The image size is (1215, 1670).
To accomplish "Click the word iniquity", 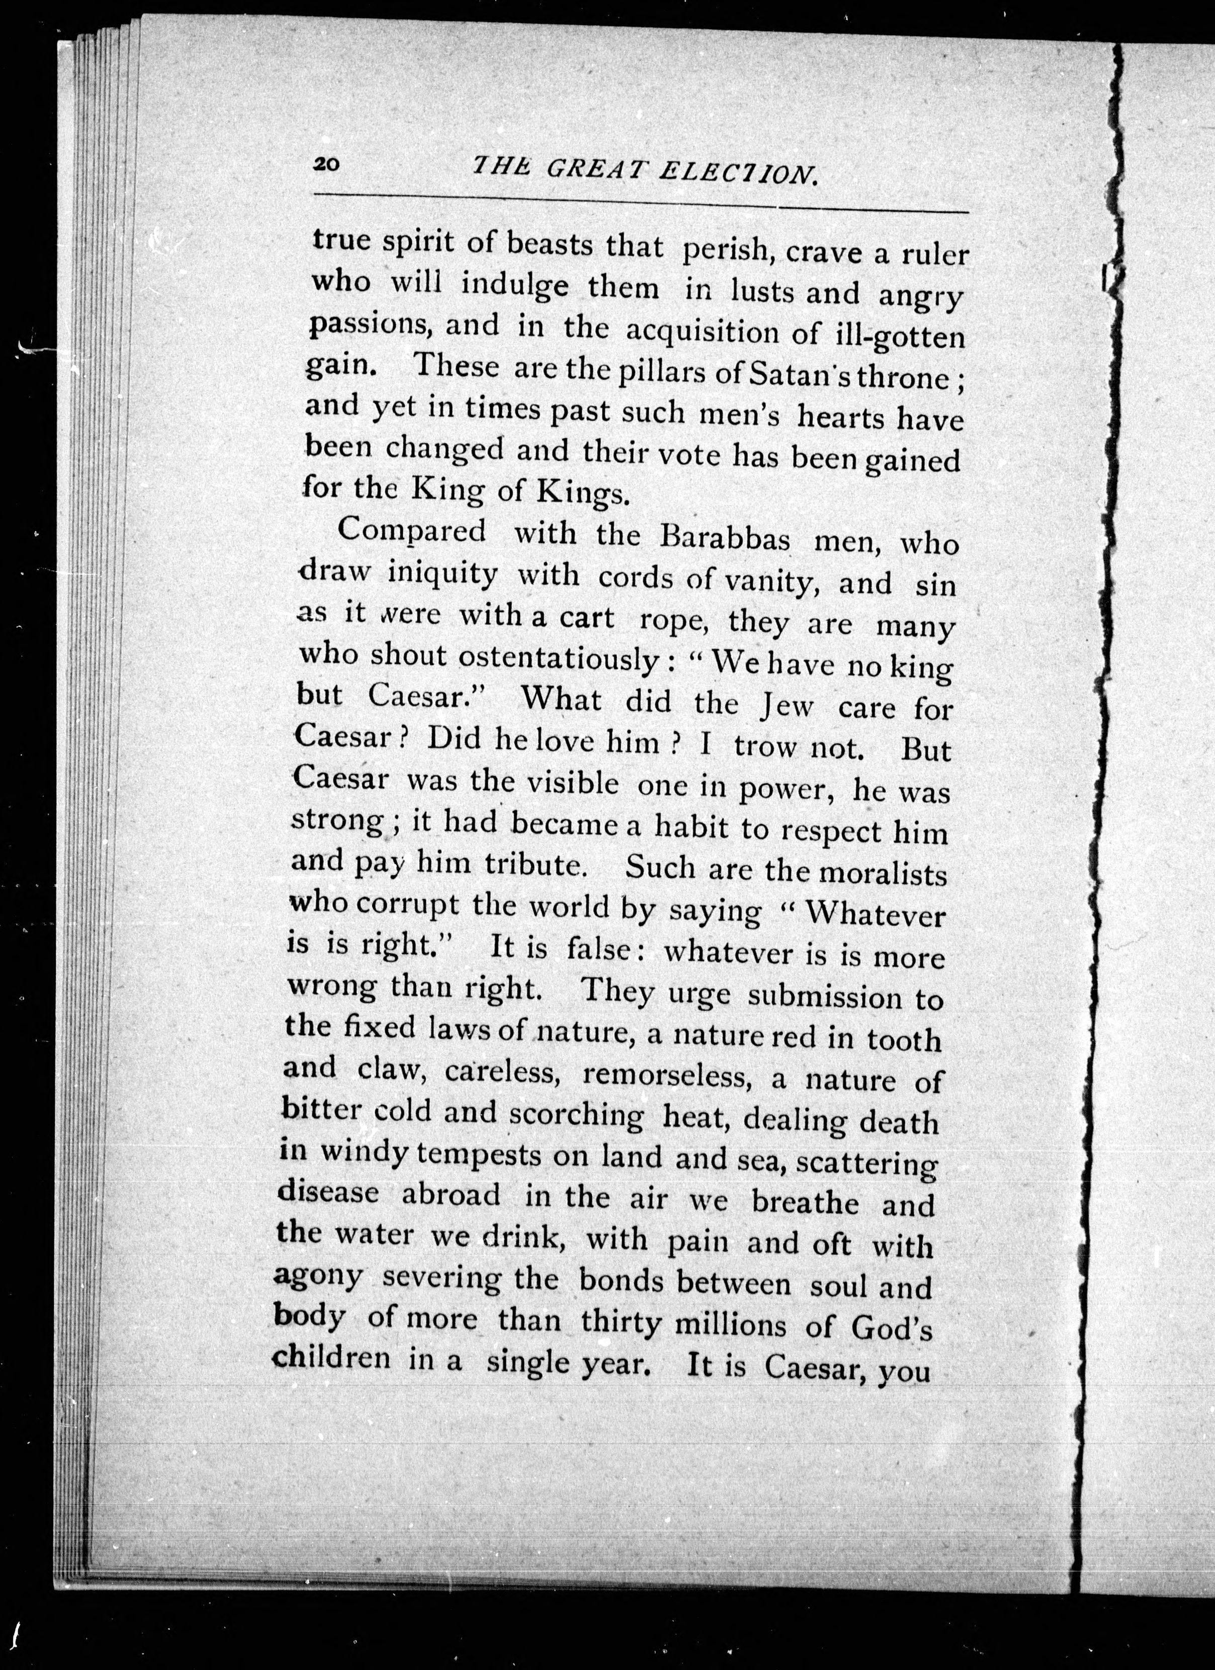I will coord(443,573).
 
